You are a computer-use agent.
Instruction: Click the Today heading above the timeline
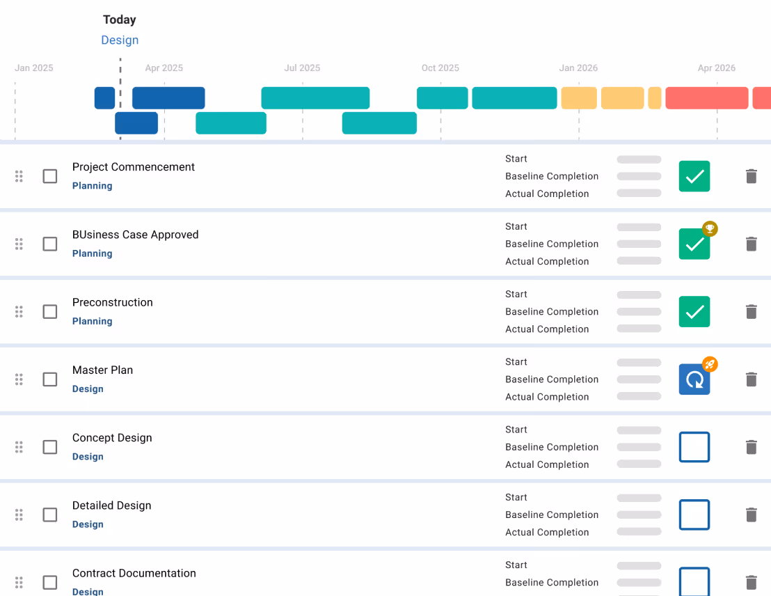click(120, 19)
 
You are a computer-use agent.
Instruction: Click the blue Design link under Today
click(120, 40)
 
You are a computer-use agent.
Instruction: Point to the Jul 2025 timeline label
click(302, 68)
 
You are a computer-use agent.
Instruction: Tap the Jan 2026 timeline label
click(578, 68)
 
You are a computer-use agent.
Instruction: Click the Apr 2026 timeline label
click(717, 68)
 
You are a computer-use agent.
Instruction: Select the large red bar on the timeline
click(706, 98)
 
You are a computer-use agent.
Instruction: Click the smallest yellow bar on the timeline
click(654, 98)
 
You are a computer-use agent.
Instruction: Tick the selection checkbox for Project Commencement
click(50, 176)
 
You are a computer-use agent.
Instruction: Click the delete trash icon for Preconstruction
click(751, 312)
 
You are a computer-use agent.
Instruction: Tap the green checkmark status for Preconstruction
click(694, 312)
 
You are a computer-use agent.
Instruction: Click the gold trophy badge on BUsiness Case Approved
click(710, 229)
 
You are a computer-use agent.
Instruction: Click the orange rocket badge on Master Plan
click(710, 364)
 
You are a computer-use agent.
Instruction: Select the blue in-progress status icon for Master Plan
click(694, 379)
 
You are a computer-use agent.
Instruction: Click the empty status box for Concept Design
click(694, 447)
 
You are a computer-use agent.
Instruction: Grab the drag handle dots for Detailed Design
click(19, 515)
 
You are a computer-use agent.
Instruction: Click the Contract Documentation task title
click(134, 573)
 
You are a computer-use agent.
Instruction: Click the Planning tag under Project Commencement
click(93, 186)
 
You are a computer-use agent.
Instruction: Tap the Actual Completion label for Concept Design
click(547, 464)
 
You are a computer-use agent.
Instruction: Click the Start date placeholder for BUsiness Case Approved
click(639, 227)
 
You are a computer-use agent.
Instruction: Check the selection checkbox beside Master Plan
click(50, 379)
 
